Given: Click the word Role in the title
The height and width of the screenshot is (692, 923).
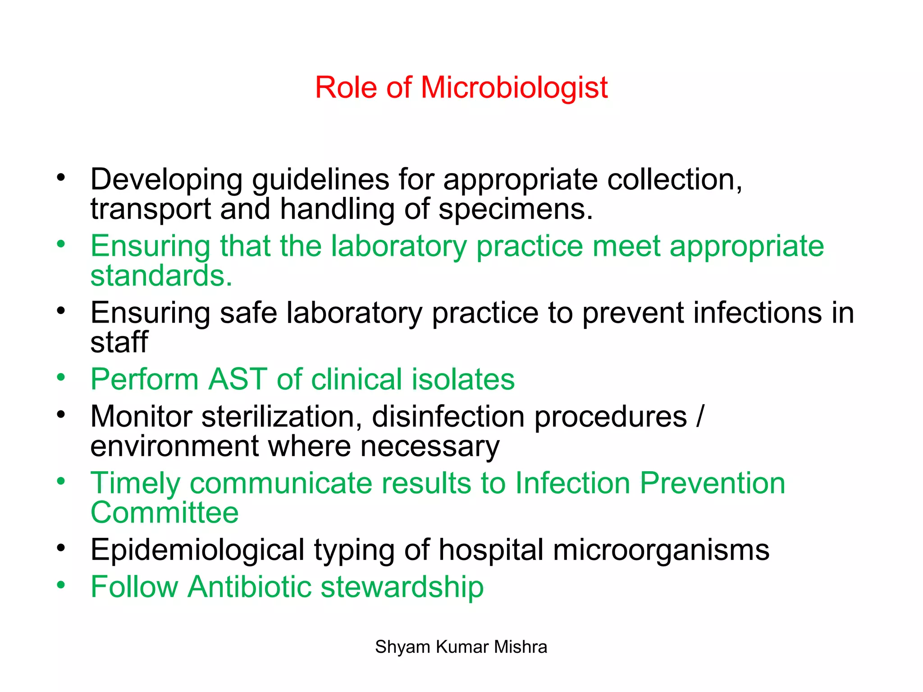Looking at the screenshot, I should point(345,87).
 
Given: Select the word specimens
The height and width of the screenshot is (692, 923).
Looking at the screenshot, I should point(515,209).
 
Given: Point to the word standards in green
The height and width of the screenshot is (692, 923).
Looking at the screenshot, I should point(161,276).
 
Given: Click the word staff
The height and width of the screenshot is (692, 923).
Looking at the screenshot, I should point(119,342).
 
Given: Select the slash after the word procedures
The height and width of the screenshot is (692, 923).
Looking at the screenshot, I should point(699,417).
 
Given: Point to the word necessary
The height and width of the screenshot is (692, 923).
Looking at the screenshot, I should point(430,446).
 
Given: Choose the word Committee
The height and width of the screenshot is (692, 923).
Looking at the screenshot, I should point(164,513).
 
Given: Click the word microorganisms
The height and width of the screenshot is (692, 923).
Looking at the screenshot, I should point(661,551).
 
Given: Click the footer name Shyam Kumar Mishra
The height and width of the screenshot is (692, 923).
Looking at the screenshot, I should point(461,647).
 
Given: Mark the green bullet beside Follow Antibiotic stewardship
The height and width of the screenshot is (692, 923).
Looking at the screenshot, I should point(61,585).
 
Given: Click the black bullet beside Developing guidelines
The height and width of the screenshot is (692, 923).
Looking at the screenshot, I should point(61,178).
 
